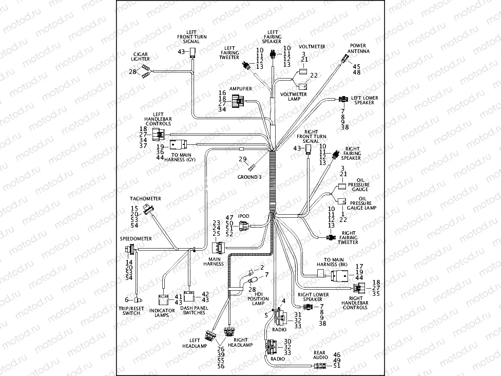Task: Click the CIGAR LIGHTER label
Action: (141, 57)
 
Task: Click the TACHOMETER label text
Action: (145, 199)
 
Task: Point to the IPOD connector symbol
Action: (243, 227)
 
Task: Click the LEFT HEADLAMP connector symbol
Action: (210, 335)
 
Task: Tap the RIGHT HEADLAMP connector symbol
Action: (229, 333)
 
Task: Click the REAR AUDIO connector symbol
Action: (319, 366)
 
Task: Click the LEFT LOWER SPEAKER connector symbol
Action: (342, 99)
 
